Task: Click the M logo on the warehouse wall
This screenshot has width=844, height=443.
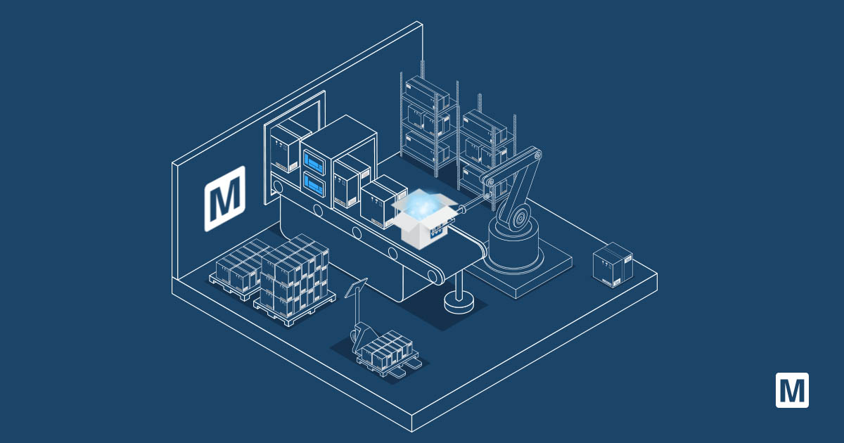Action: click(x=224, y=198)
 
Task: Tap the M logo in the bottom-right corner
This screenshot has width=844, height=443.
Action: click(x=792, y=390)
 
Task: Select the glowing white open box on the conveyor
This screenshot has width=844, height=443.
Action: click(x=423, y=219)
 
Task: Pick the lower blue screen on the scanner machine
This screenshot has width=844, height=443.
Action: click(x=314, y=185)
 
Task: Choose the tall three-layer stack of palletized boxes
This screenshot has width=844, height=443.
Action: click(x=294, y=274)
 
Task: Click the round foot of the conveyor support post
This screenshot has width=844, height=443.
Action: click(x=459, y=303)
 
